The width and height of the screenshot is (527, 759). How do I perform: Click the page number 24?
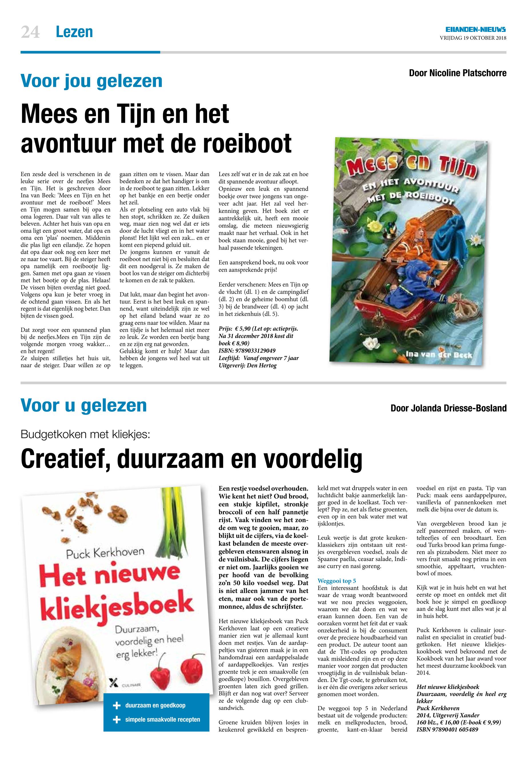coord(30,32)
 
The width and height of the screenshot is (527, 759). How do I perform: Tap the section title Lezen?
coord(74,32)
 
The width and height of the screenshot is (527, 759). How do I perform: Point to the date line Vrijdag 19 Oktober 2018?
coord(473,38)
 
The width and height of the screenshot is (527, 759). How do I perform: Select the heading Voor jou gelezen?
coord(91,81)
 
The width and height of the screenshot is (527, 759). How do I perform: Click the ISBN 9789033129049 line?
coord(247,351)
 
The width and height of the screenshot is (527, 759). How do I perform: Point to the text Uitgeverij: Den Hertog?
coord(248,366)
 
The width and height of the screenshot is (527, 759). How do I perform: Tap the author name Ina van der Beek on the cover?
coord(438,355)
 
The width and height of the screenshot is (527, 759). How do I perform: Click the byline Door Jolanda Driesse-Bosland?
coord(448,408)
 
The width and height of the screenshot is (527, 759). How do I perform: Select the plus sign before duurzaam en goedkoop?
coord(117,706)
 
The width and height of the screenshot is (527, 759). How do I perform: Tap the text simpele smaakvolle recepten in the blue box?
coord(163,719)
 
